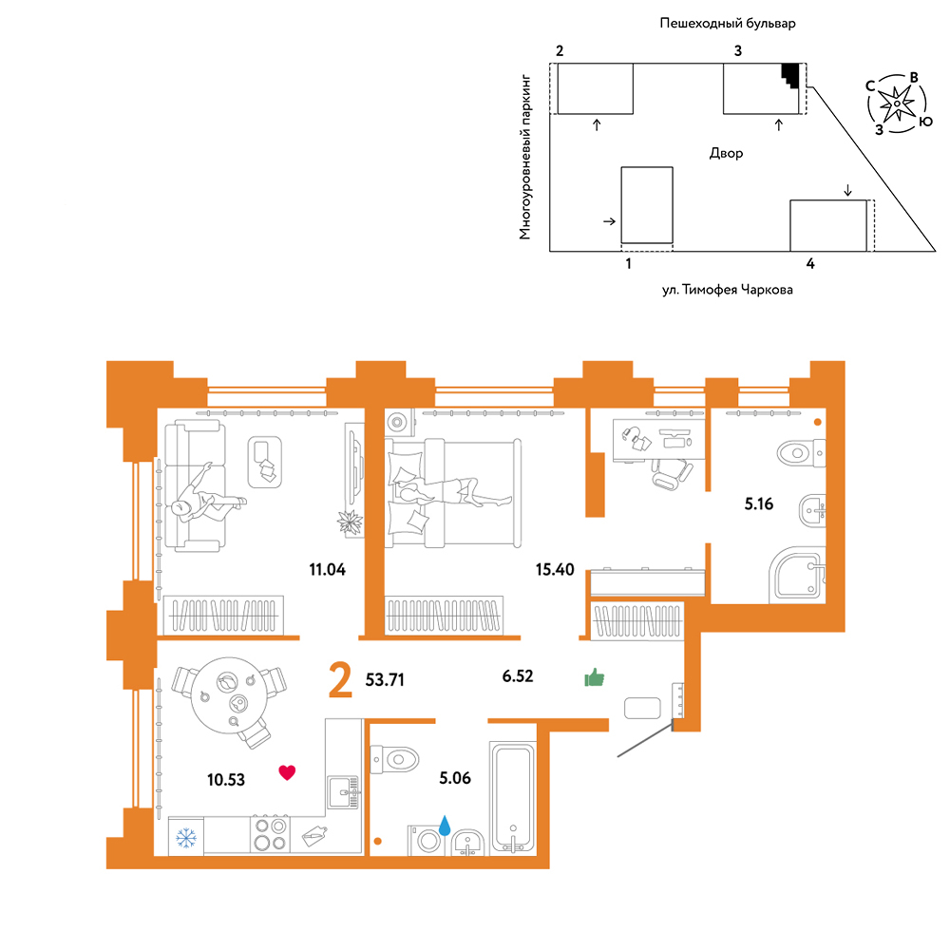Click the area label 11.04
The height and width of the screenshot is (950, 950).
(327, 569)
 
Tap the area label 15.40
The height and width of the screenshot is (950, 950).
(555, 569)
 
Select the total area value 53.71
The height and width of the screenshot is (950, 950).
(385, 680)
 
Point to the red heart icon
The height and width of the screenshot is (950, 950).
(287, 771)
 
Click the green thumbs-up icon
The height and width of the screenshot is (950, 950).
(595, 677)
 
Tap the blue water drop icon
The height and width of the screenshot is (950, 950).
(445, 826)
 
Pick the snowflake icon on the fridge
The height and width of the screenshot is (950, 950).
(186, 838)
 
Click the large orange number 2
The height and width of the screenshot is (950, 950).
(340, 680)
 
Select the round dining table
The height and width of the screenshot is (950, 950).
(229, 695)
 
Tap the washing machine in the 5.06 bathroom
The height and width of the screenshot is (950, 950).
(427, 841)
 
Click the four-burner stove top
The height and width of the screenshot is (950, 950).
(270, 834)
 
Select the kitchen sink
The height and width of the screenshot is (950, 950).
(344, 792)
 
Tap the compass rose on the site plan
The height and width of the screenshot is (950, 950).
(897, 104)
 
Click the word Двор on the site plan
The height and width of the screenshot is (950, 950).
(726, 153)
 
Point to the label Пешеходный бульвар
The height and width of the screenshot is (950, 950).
(727, 24)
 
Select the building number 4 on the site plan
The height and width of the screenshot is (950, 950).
(810, 263)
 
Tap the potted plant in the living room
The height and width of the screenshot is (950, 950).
(351, 522)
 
